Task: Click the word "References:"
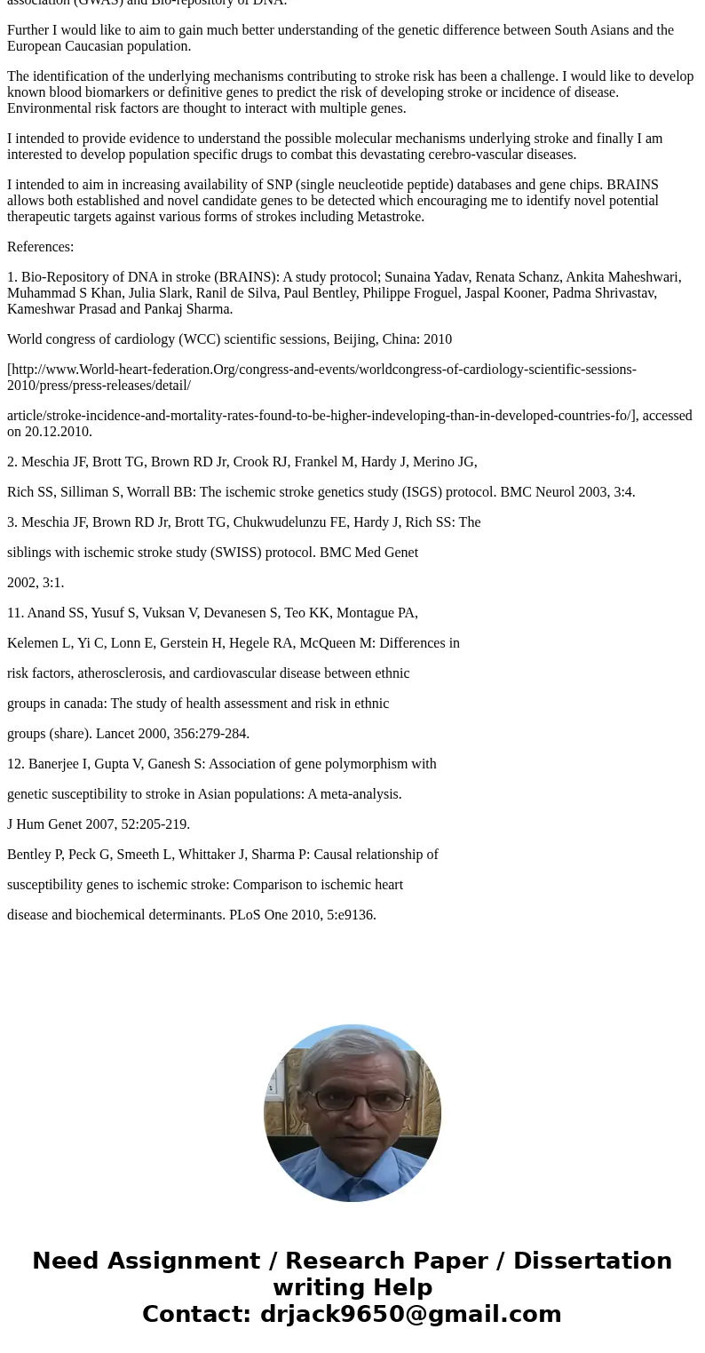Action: point(40,247)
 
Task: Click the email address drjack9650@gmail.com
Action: point(410,1314)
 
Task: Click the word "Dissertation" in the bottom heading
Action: point(592,1261)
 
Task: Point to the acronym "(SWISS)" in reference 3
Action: point(239,553)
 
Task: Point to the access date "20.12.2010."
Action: point(59,432)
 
